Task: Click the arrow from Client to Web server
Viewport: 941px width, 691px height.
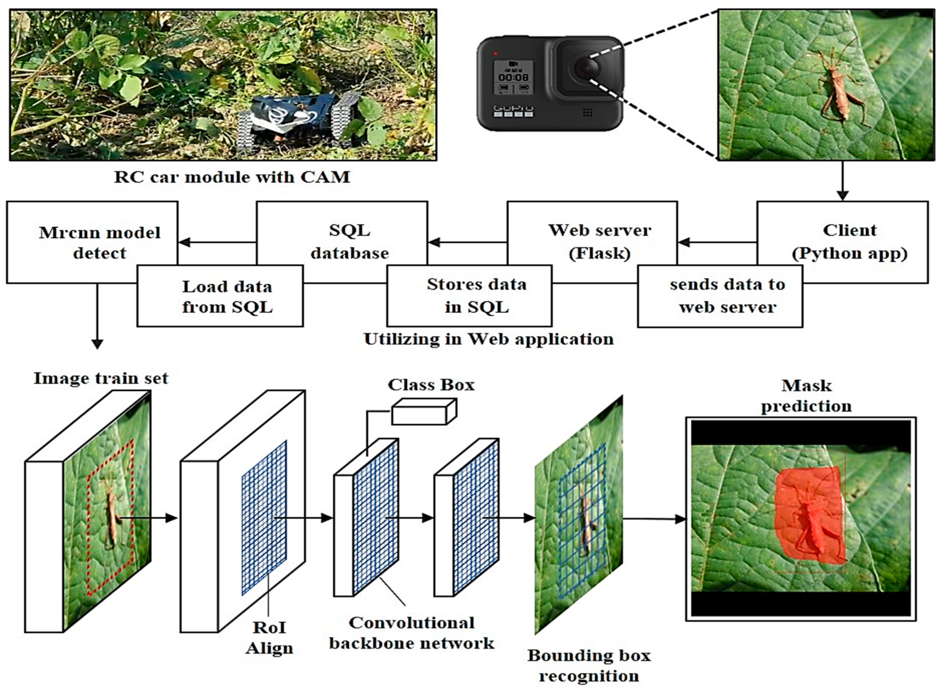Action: (x=717, y=242)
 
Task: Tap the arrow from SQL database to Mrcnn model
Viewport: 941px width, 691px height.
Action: (x=217, y=242)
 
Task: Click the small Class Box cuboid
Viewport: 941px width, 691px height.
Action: (x=424, y=412)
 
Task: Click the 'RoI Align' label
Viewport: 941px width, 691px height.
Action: (x=269, y=638)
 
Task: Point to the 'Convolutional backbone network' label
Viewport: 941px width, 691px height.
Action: (x=411, y=633)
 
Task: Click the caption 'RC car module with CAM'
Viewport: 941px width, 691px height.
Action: (x=232, y=177)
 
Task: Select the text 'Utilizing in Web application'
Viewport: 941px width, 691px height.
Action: (x=488, y=339)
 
